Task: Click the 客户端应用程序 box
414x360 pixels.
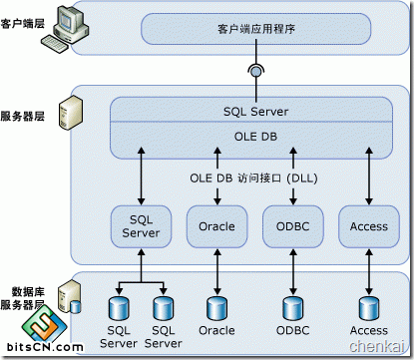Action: click(255, 29)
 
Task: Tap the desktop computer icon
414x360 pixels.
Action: click(65, 29)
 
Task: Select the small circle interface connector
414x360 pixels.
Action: click(256, 71)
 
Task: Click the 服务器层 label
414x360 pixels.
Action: click(22, 117)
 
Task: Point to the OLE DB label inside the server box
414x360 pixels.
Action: click(255, 137)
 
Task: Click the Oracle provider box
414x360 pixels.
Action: click(217, 226)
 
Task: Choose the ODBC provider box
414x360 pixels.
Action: click(293, 226)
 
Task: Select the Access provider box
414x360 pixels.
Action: click(369, 226)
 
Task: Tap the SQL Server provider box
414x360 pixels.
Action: click(141, 226)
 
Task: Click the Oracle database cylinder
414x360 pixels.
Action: click(217, 309)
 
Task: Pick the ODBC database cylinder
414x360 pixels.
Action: click(293, 309)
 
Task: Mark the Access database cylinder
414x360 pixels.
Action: click(369, 309)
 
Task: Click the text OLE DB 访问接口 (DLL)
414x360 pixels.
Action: click(253, 179)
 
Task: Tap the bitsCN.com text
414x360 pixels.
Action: click(45, 347)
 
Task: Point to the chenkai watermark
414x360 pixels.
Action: click(377, 346)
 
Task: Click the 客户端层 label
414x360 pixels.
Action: click(22, 24)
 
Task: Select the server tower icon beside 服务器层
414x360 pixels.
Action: click(71, 113)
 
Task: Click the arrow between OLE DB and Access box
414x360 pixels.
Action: click(369, 177)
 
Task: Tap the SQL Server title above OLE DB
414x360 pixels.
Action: click(255, 112)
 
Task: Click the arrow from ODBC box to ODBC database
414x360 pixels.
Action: click(293, 272)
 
